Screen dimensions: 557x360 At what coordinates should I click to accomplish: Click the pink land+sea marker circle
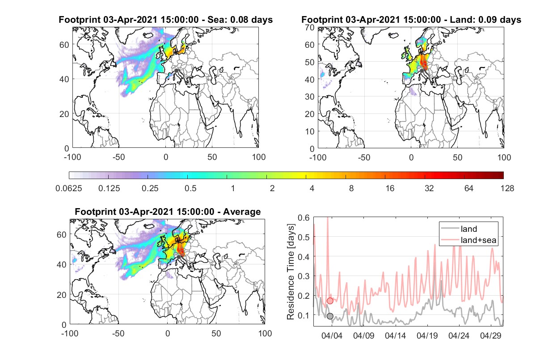pyautogui.click(x=330, y=301)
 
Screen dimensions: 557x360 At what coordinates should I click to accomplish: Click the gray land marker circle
pyautogui.click(x=330, y=316)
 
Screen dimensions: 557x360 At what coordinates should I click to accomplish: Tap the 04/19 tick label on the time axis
pyautogui.click(x=427, y=336)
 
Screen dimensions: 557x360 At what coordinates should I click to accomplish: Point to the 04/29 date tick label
pyautogui.click(x=490, y=336)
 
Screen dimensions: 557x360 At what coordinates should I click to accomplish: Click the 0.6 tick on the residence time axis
pyautogui.click(x=304, y=218)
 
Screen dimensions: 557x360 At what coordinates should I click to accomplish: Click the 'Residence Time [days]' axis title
pyautogui.click(x=291, y=272)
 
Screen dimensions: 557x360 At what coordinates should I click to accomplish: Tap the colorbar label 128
pyautogui.click(x=507, y=188)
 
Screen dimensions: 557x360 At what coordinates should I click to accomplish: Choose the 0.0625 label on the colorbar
pyautogui.click(x=69, y=188)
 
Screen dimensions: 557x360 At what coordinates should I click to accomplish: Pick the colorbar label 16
pyautogui.click(x=390, y=188)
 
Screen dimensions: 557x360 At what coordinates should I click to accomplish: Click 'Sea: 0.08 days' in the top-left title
pyautogui.click(x=240, y=20)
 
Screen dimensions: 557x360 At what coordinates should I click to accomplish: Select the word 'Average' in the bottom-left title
pyautogui.click(x=242, y=212)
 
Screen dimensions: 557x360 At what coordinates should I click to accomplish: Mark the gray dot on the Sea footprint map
pyautogui.click(x=176, y=71)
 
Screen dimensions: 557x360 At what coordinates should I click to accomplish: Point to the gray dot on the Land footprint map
pyautogui.click(x=422, y=71)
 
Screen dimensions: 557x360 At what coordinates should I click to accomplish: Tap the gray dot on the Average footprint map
pyautogui.click(x=178, y=257)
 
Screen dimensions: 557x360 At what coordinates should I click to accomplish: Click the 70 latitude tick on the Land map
pyautogui.click(x=310, y=27)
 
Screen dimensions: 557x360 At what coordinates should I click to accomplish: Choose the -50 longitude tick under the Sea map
pyautogui.click(x=118, y=157)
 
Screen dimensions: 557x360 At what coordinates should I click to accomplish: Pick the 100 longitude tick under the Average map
pyautogui.click(x=265, y=333)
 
